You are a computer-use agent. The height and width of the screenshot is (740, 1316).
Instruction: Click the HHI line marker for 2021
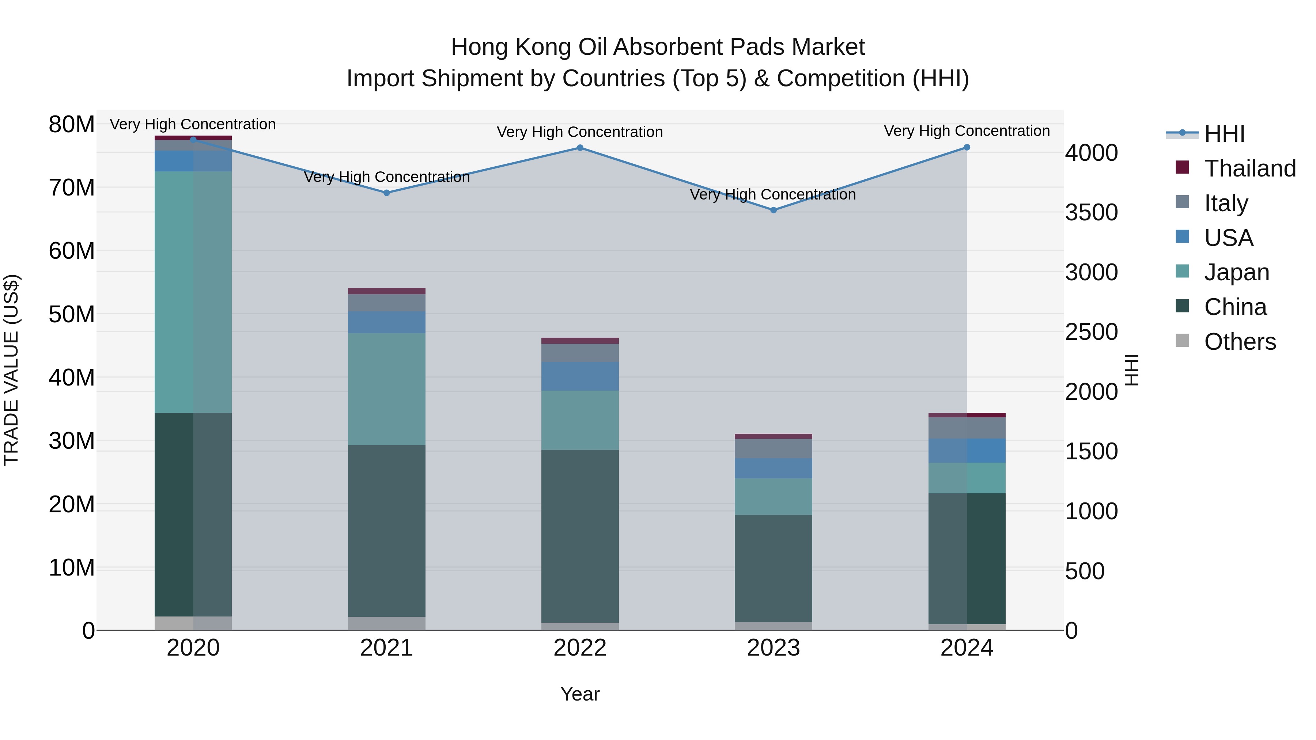point(387,193)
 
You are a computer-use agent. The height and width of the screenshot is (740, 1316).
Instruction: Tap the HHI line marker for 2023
point(774,210)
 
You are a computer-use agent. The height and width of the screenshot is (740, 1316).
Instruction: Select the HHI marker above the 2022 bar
point(580,148)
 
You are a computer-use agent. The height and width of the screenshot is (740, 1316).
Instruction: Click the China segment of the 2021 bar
point(387,531)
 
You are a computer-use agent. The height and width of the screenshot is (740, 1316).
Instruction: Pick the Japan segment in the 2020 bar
point(193,292)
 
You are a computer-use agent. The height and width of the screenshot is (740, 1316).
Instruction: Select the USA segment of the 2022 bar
point(580,376)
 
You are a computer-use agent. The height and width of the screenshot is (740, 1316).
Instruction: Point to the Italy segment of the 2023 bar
point(774,448)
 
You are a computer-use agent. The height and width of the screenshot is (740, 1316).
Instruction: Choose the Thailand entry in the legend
point(1249,168)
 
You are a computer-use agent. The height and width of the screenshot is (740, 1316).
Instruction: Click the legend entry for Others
point(1240,342)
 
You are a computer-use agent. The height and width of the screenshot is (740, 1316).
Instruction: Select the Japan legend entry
point(1236,272)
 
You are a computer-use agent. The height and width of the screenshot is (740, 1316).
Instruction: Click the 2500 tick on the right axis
point(1091,332)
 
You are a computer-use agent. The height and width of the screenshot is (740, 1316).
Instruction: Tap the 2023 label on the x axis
point(774,648)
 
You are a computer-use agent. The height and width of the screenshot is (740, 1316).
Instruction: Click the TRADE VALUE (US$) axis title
point(12,370)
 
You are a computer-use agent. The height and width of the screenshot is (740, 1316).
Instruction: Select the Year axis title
point(580,694)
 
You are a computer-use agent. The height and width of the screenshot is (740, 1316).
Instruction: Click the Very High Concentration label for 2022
point(580,132)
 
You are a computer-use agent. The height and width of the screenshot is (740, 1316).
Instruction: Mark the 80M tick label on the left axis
point(72,124)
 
